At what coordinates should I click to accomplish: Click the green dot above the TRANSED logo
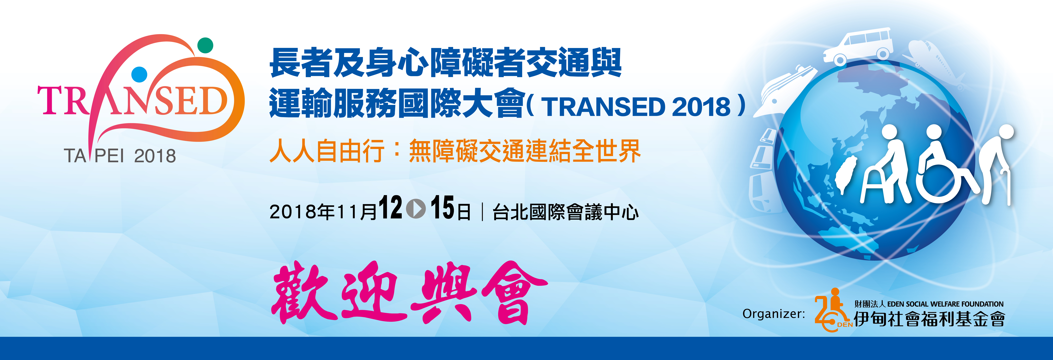(x=205, y=45)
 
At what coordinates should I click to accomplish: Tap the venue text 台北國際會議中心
(x=565, y=212)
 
